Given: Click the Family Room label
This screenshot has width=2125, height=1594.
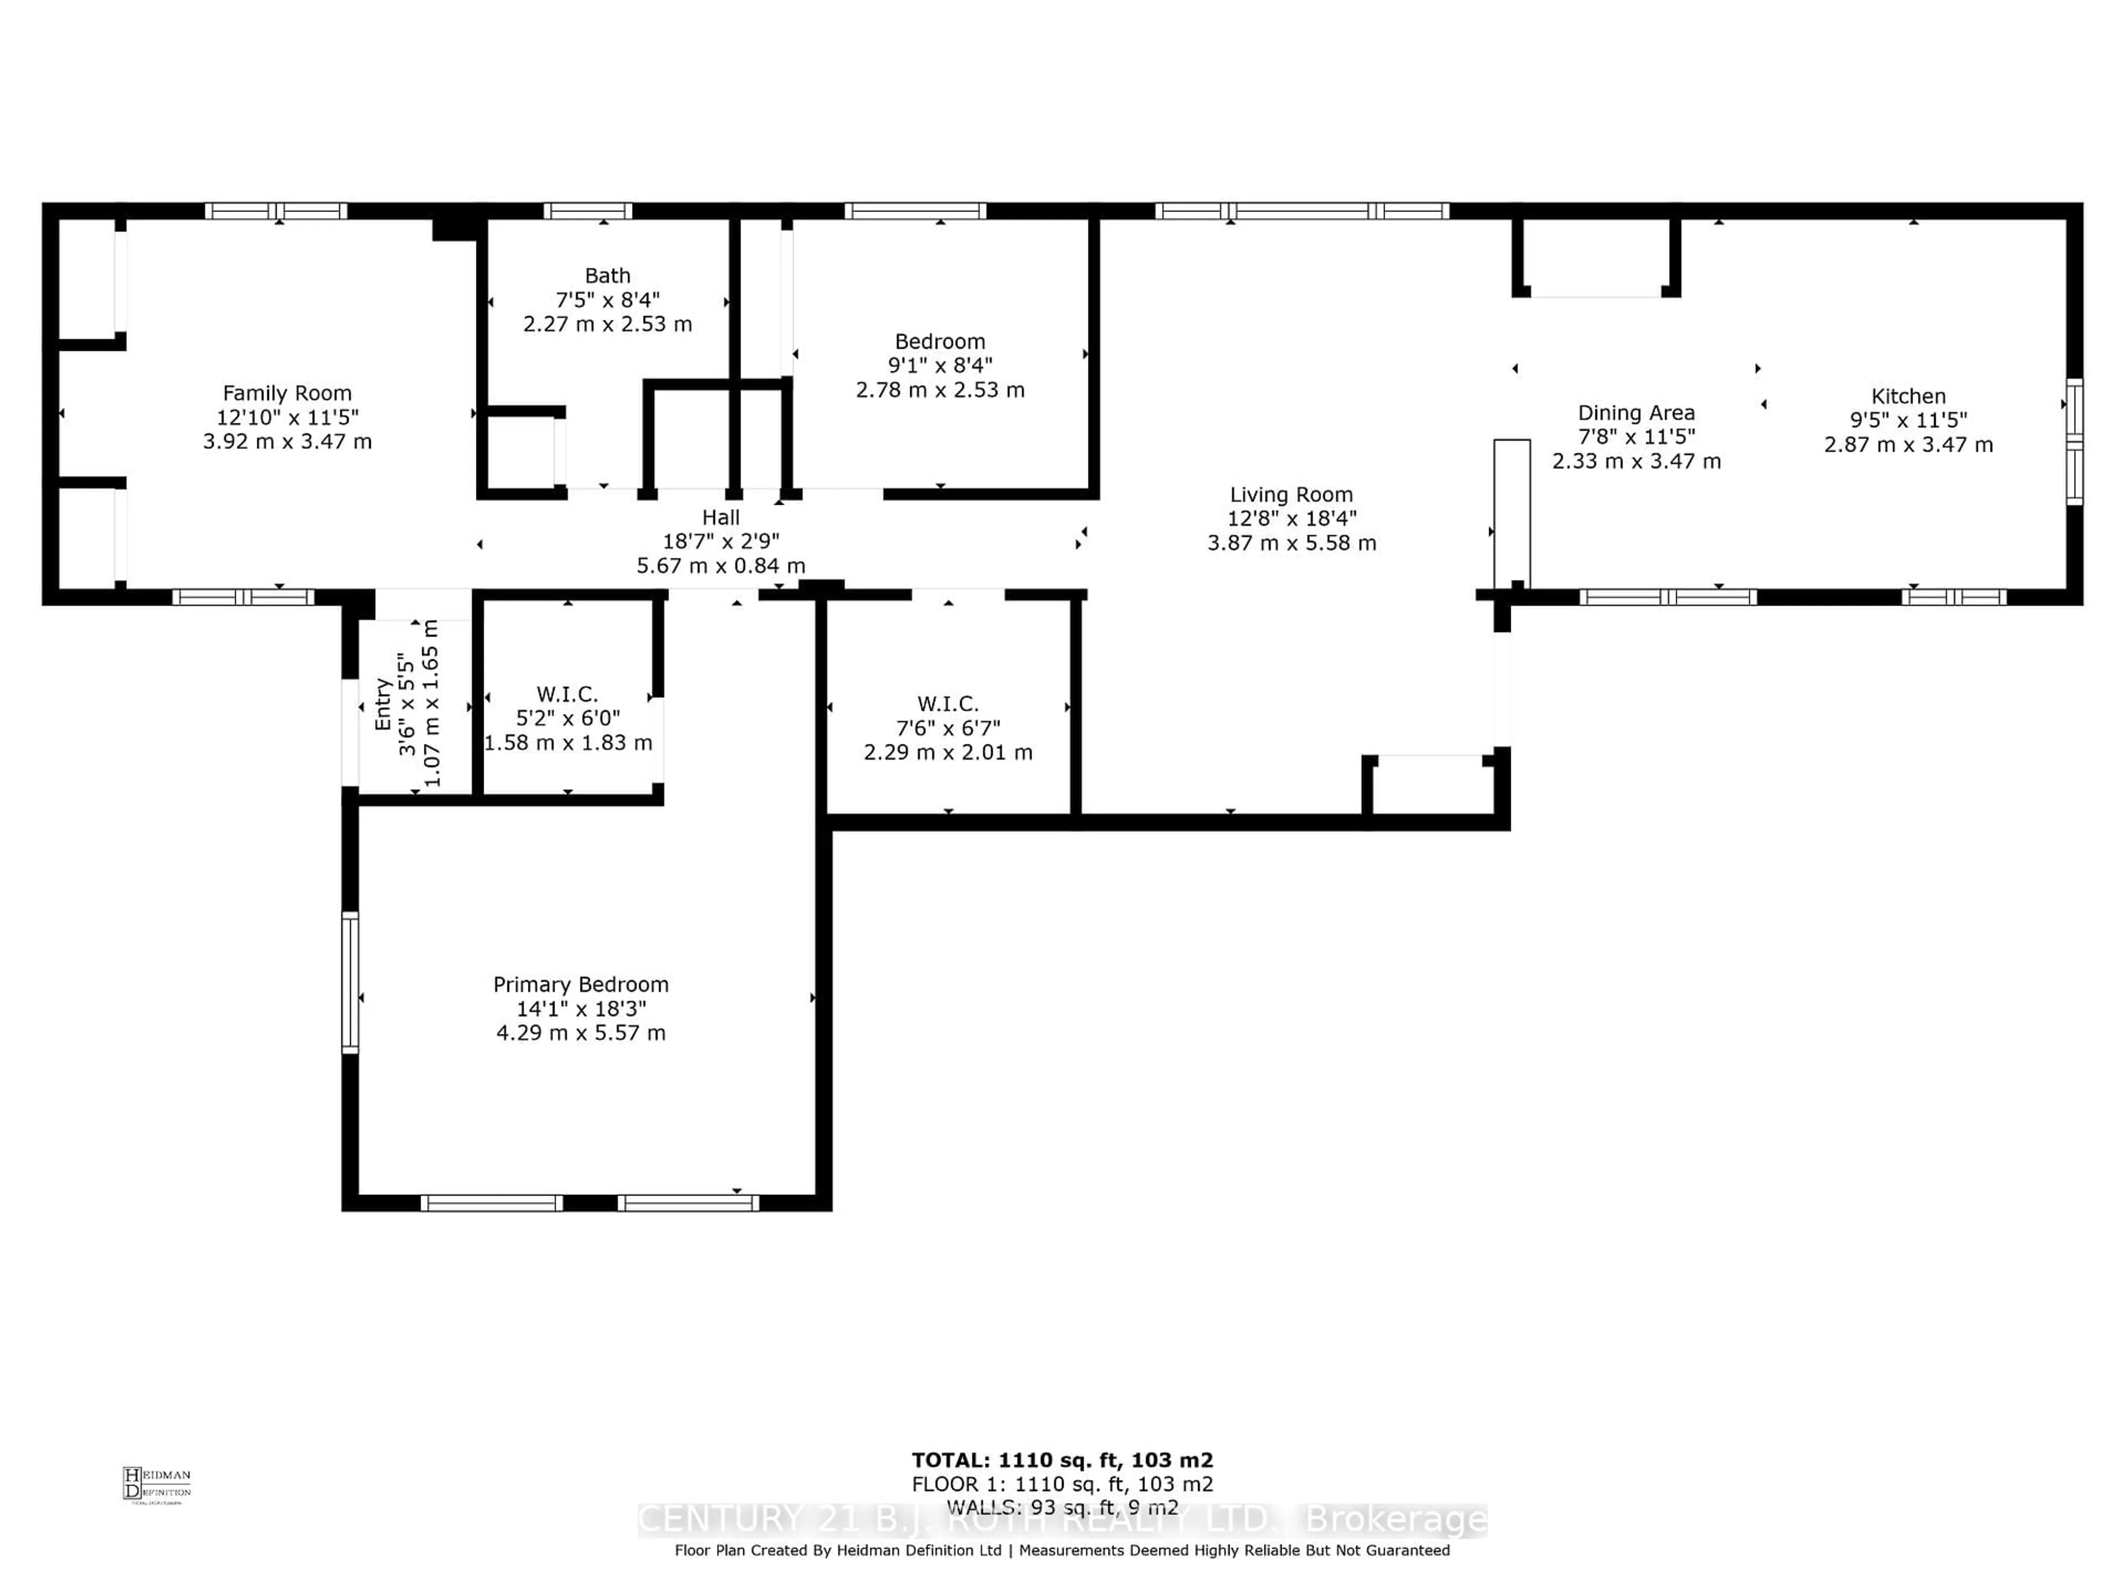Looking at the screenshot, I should pos(287,393).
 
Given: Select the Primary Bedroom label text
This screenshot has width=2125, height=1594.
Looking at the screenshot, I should pos(581,984).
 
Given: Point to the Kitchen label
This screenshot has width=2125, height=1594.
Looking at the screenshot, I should pos(1908,396).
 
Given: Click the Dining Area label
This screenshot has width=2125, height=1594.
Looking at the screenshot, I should pos(1636,412).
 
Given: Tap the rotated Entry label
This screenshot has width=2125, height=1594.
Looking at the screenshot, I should pos(382,703).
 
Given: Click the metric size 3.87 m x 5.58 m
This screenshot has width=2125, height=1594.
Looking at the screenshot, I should pos(1291,543).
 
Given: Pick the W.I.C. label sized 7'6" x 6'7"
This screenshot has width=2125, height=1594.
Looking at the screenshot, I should pos(947,704).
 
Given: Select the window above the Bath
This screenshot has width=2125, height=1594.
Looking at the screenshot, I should pos(588,210).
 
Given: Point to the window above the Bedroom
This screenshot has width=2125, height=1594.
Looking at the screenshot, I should pos(915,210).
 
